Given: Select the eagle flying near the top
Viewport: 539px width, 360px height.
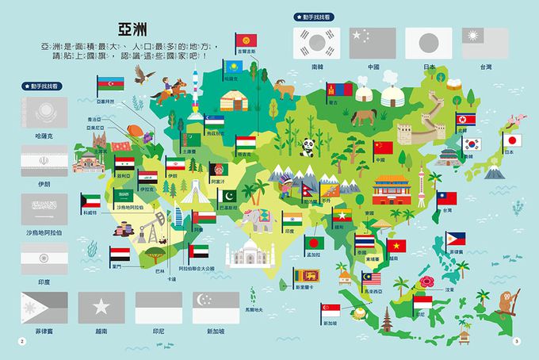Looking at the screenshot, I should coord(142,75).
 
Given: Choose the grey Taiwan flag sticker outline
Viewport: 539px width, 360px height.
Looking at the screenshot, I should coord(484,42).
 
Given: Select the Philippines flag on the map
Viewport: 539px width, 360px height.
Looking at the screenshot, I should coord(455,238).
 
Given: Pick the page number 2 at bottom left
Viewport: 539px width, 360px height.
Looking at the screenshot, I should coord(22,342).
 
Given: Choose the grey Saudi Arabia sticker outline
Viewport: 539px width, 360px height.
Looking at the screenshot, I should coord(43,210).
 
